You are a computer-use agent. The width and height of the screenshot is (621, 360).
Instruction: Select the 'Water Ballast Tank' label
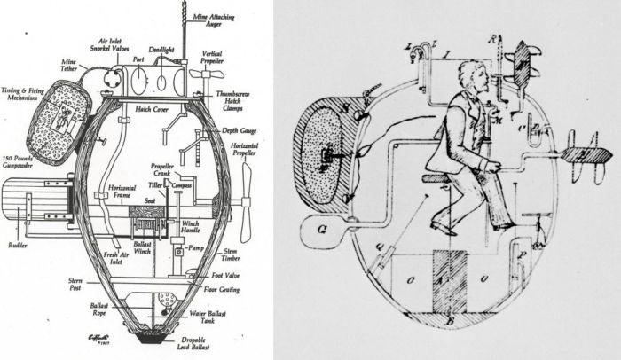pyautogui.click(x=203, y=317)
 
